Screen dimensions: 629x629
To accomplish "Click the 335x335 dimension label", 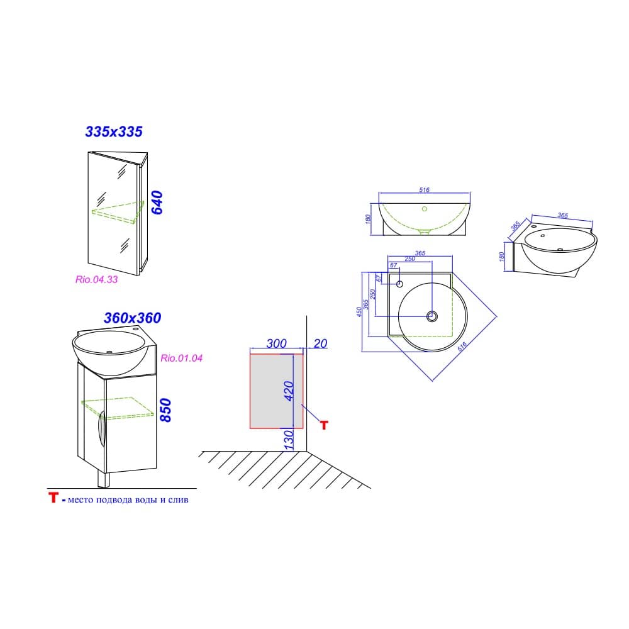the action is coord(114,131).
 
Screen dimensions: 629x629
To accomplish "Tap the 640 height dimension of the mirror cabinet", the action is coord(157,203).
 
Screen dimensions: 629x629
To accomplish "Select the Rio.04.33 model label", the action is coord(97,279).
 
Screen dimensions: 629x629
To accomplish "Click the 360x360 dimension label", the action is coord(132,318).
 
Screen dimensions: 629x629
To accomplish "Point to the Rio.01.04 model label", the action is coord(181,358).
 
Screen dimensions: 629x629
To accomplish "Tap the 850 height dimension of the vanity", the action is coord(165,410).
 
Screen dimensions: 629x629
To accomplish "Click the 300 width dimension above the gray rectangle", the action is coord(276,343).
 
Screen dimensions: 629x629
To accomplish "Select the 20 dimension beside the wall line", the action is coord(321,343).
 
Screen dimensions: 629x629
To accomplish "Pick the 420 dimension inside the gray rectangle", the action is coord(289,391).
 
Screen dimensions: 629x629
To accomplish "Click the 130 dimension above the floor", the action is coord(289,440).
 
